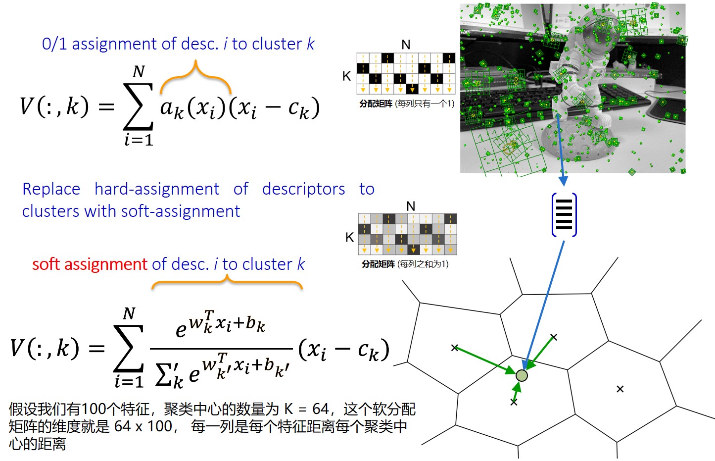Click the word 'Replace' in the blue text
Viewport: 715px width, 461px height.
click(x=51, y=189)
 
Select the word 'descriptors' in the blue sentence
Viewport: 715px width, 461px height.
click(x=303, y=189)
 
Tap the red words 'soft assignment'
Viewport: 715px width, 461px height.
click(x=90, y=264)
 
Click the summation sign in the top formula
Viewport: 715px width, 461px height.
click(x=138, y=106)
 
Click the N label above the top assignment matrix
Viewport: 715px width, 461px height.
click(x=406, y=45)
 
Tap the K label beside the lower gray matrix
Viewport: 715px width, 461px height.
click(x=349, y=238)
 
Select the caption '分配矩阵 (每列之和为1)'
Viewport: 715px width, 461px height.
click(x=405, y=264)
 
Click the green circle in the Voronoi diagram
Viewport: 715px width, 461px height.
click(x=522, y=376)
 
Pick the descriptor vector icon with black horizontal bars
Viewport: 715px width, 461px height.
click(x=564, y=215)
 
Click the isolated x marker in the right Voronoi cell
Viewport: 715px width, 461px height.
click(x=620, y=389)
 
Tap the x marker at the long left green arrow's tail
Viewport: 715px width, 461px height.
click(x=455, y=348)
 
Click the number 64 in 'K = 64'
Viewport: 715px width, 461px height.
click(x=320, y=409)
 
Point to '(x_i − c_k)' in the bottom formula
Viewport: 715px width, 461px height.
click(x=344, y=350)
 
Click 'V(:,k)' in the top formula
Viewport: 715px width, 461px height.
click(x=54, y=106)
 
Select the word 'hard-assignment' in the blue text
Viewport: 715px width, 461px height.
click(x=157, y=189)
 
